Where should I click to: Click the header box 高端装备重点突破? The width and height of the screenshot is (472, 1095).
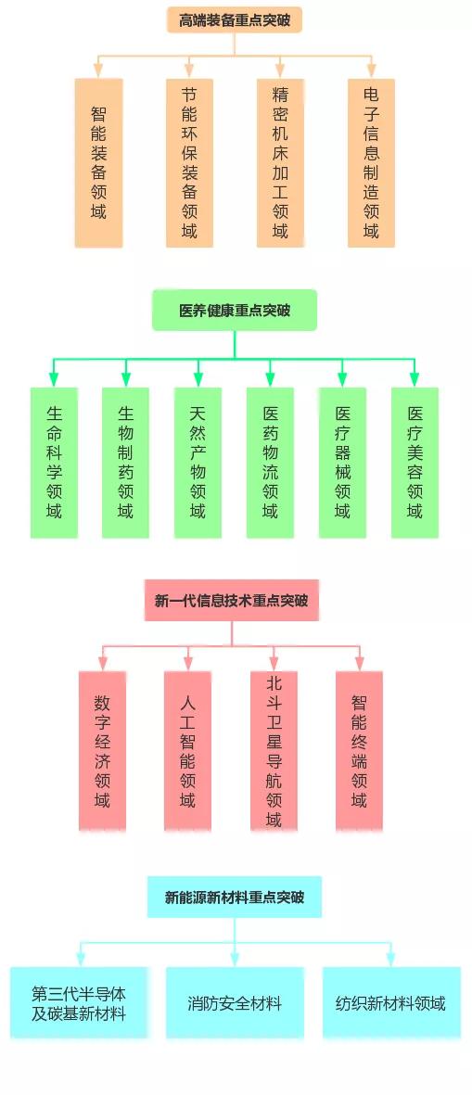234,19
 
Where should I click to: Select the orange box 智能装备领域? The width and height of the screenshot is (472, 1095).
98,162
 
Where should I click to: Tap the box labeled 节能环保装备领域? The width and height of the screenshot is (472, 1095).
189,162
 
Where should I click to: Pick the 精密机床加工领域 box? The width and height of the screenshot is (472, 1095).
280,162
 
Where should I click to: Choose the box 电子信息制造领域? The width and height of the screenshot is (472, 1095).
371,162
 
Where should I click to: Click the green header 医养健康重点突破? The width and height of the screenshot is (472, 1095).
235,310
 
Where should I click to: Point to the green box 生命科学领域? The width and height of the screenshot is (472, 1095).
54,463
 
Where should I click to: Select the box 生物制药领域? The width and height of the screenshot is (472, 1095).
126,463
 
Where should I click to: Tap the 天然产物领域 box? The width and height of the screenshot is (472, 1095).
198,463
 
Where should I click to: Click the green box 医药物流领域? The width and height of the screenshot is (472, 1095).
270,463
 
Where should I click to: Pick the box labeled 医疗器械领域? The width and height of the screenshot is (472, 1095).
342,463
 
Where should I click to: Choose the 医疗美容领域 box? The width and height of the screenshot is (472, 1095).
415,463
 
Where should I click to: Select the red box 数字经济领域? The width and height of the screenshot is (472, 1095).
103,751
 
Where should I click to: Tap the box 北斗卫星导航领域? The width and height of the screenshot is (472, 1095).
274,751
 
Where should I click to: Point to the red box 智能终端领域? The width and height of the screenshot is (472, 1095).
359,751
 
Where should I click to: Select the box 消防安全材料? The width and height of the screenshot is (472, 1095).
235,1003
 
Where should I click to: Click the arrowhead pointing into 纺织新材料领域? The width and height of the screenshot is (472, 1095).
390,961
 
